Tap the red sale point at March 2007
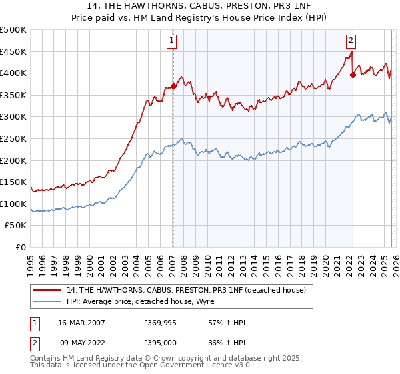(x=173, y=86)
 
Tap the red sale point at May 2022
(x=352, y=75)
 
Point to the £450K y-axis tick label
(x=13, y=51)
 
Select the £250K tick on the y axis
(x=13, y=138)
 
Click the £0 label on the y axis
(x=20, y=247)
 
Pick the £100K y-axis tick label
(x=13, y=204)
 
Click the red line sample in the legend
(x=47, y=290)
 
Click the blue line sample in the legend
(x=47, y=301)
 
